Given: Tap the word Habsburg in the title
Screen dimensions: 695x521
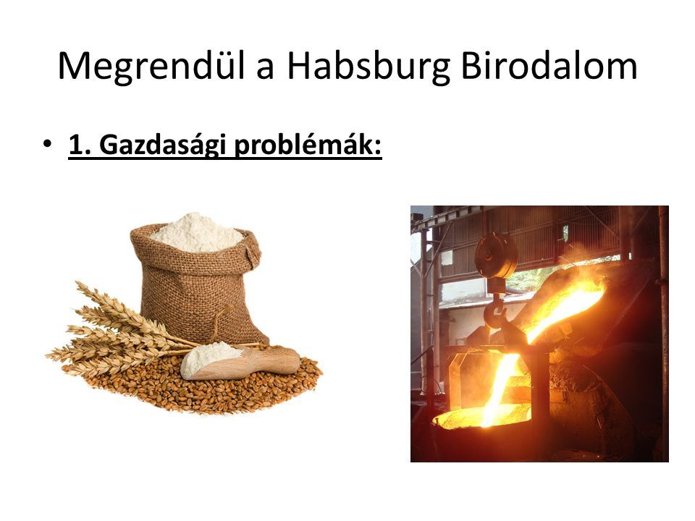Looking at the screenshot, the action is (x=368, y=66).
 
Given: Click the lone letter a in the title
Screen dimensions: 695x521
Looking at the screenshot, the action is (x=265, y=70).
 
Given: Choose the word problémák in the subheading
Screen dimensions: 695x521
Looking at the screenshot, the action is (x=308, y=145).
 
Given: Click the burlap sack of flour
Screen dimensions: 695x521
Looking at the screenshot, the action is (x=198, y=284).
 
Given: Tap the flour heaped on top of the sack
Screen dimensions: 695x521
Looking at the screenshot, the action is (x=198, y=232).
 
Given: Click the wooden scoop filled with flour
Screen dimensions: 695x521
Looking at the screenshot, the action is (x=240, y=361).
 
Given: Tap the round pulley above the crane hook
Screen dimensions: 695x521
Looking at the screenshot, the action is (x=496, y=256).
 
